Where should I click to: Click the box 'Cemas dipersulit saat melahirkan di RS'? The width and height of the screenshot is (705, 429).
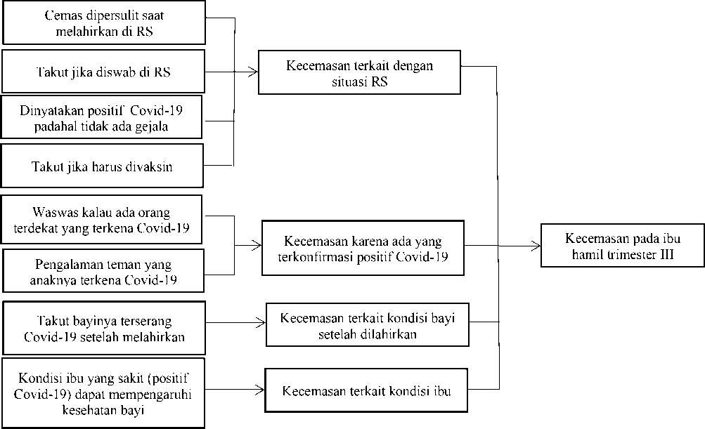(104, 22)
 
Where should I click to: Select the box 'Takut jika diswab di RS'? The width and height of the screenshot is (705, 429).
(103, 72)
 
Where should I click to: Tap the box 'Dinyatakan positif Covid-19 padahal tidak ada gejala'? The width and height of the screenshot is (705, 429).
(102, 117)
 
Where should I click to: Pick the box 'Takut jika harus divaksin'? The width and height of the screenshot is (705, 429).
(102, 166)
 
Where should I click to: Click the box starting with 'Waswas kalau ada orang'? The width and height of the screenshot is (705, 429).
(102, 219)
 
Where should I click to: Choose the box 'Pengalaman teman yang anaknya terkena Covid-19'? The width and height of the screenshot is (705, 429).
(103, 271)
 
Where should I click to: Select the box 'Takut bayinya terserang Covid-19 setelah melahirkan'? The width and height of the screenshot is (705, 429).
(104, 328)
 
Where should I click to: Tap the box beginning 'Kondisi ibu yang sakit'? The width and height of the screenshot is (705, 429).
(103, 393)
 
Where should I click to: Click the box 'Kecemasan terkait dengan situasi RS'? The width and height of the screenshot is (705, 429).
(359, 72)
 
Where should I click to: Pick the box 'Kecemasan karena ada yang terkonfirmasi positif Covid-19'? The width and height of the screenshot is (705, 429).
(363, 248)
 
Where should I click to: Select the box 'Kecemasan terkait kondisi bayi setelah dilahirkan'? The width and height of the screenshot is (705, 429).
(368, 325)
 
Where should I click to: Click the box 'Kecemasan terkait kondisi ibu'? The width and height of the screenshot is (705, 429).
(366, 390)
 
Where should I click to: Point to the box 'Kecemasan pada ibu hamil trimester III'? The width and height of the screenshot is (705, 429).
(622, 245)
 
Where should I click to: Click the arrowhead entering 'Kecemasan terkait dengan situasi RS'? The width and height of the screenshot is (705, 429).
(254, 71)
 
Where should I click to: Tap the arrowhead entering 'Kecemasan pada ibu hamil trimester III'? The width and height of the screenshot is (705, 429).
(536, 246)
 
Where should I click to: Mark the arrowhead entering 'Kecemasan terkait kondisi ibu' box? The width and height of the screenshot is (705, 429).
(260, 390)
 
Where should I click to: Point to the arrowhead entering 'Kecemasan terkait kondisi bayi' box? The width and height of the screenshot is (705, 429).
(261, 322)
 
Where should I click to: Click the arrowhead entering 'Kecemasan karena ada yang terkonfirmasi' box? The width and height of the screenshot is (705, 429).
(258, 245)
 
